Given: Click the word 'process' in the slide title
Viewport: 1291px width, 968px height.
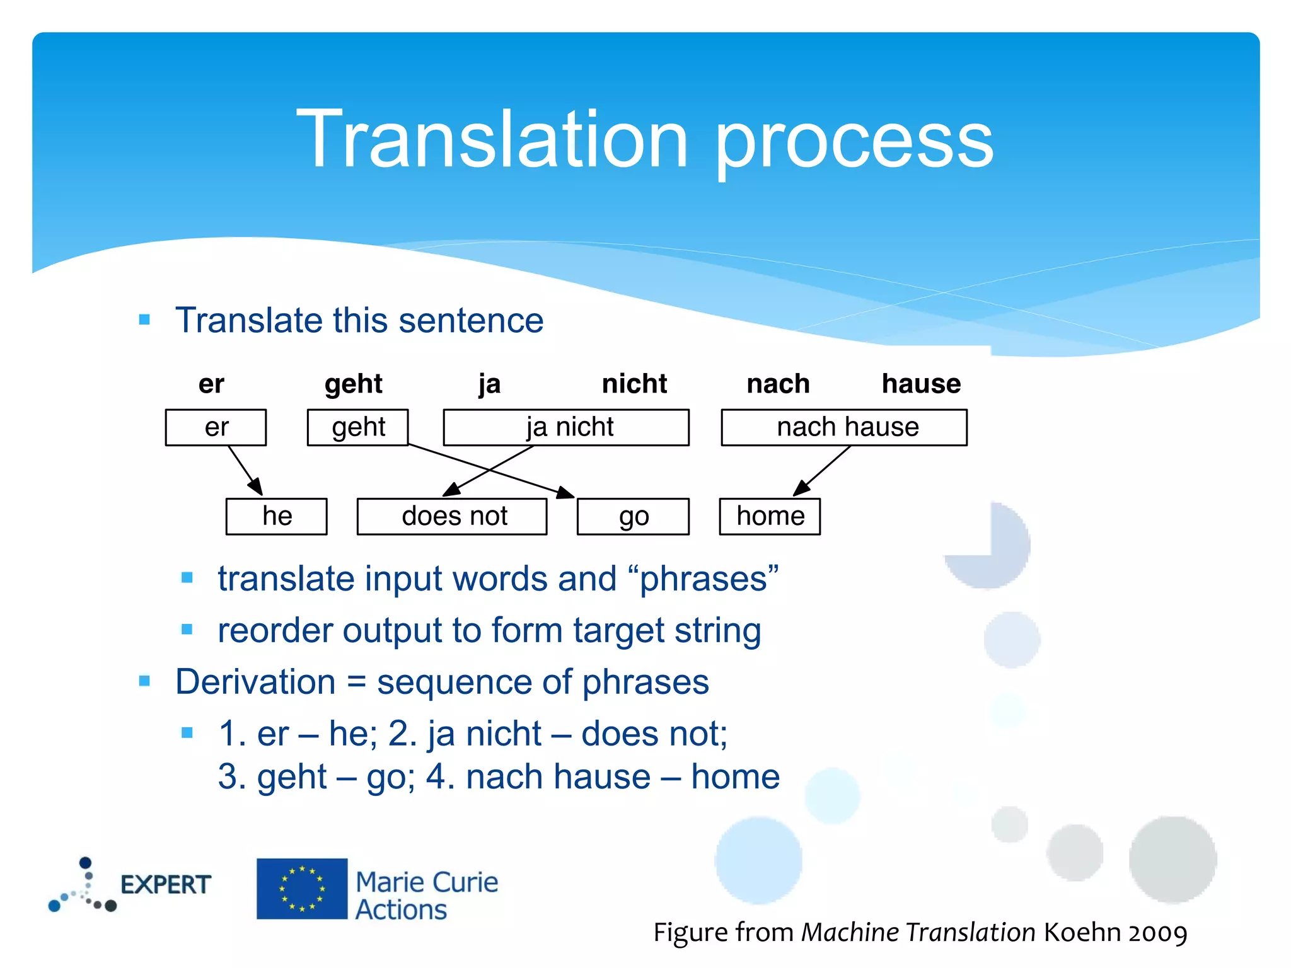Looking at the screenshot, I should pos(854,142).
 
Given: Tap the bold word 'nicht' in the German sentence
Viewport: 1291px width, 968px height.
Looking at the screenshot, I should pos(634,384).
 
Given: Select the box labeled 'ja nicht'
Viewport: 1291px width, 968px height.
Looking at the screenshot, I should pos(566,427).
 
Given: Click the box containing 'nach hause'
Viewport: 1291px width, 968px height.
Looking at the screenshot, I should pos(844,427).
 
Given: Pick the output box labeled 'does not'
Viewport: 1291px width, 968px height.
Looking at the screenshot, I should pos(452,517).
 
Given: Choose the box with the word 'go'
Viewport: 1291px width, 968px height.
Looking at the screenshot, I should pos(633,517).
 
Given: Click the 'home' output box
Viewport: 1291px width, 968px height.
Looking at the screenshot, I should pos(770,517).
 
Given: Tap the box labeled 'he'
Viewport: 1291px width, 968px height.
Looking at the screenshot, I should pos(276,517).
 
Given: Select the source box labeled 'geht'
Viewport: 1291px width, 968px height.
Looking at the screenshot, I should pos(357,427).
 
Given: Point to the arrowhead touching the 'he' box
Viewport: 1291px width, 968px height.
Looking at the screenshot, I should pos(256,488).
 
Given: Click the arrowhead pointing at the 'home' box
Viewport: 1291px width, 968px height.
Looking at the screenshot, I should pos(801,488).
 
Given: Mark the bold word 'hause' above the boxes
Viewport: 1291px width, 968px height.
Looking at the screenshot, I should pos(921,384).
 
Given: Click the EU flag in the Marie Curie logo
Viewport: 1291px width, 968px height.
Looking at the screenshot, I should pos(302,889).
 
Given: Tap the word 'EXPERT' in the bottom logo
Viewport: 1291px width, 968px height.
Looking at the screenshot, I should pos(165,885).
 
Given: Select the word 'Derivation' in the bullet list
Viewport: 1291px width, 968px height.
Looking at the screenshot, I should pos(255,682).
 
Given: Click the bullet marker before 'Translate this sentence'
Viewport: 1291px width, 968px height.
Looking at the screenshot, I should pos(144,320).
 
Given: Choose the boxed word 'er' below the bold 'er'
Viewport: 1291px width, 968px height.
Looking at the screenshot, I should pos(216,427).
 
